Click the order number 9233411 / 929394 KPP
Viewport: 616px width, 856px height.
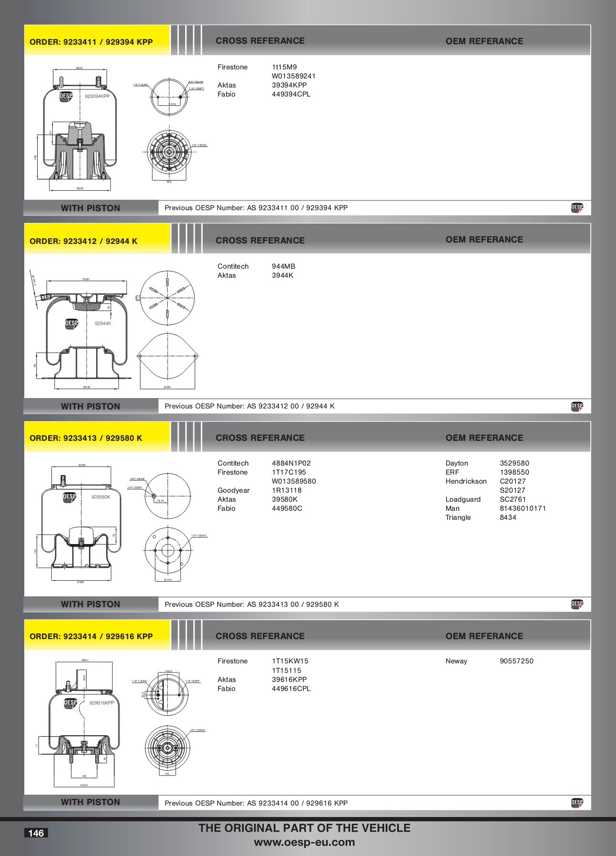click(91, 42)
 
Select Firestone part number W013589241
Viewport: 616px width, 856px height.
click(293, 76)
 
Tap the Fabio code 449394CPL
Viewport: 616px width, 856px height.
click(291, 94)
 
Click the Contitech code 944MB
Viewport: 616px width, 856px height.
click(283, 266)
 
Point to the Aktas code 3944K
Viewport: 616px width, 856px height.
click(282, 275)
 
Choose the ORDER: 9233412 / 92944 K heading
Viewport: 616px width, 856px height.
click(83, 241)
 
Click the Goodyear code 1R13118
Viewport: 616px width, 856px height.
click(287, 490)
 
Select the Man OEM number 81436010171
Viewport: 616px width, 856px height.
click(523, 508)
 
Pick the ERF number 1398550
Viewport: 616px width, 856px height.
click(514, 472)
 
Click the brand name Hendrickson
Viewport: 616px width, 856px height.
click(466, 481)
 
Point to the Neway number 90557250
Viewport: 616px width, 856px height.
click(516, 661)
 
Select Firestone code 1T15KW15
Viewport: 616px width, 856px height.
click(290, 661)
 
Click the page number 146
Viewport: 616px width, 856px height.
click(36, 833)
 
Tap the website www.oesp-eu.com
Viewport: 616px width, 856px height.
click(304, 842)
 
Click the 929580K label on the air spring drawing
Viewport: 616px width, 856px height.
click(100, 497)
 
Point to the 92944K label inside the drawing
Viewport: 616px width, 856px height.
click(103, 323)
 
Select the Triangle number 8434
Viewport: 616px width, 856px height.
click(508, 517)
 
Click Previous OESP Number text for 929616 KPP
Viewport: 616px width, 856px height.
click(256, 803)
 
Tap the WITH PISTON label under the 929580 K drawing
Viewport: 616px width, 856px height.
click(90, 604)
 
